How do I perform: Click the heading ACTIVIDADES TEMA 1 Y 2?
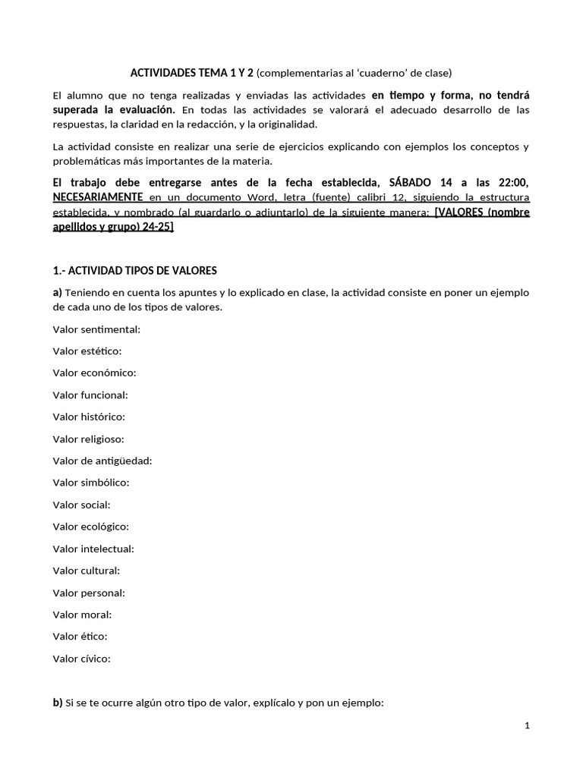tap(193, 73)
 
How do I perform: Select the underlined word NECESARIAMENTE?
tap(97, 197)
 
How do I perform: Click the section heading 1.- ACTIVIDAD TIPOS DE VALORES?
tap(134, 270)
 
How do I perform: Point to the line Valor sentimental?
tap(96, 329)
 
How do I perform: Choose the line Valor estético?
tap(87, 351)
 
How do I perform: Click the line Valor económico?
tap(94, 373)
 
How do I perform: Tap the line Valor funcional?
tap(90, 395)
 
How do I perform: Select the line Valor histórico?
tap(89, 417)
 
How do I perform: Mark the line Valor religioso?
tap(88, 439)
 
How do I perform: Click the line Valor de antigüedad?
tap(102, 461)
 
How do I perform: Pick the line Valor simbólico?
tap(91, 483)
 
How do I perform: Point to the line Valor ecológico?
tap(90, 527)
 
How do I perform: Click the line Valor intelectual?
tap(93, 549)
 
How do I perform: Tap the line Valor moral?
tap(82, 615)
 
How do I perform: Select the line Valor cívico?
tap(82, 659)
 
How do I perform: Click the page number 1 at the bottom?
tap(527, 726)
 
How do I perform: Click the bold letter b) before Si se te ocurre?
tap(58, 703)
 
